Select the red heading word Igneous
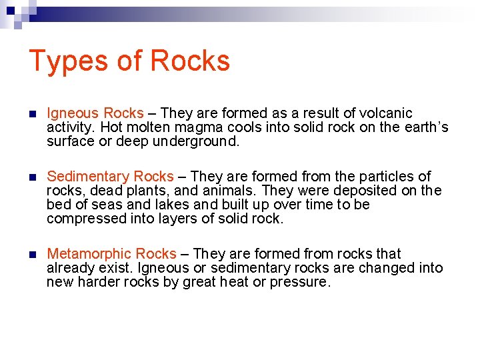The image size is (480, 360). click(72, 113)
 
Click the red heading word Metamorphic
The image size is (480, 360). click(89, 254)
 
